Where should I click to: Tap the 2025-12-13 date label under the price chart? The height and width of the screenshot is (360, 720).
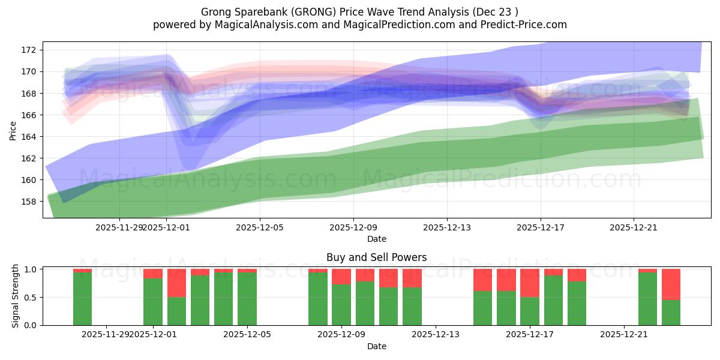(x=446, y=228)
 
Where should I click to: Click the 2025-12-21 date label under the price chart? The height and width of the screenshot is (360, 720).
(x=634, y=228)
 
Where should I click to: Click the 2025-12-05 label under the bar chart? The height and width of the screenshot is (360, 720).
(x=247, y=335)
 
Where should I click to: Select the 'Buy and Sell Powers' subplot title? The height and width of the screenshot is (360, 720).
(x=376, y=257)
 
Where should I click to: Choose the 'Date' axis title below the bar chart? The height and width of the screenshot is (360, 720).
(x=376, y=346)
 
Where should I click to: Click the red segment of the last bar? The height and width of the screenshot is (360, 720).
(x=671, y=284)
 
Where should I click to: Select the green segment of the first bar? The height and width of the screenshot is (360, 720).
(x=82, y=299)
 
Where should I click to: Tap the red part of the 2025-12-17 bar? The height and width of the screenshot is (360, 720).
(x=530, y=283)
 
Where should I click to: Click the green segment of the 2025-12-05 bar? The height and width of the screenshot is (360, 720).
(x=247, y=299)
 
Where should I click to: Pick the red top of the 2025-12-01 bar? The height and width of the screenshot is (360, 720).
(x=153, y=273)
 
